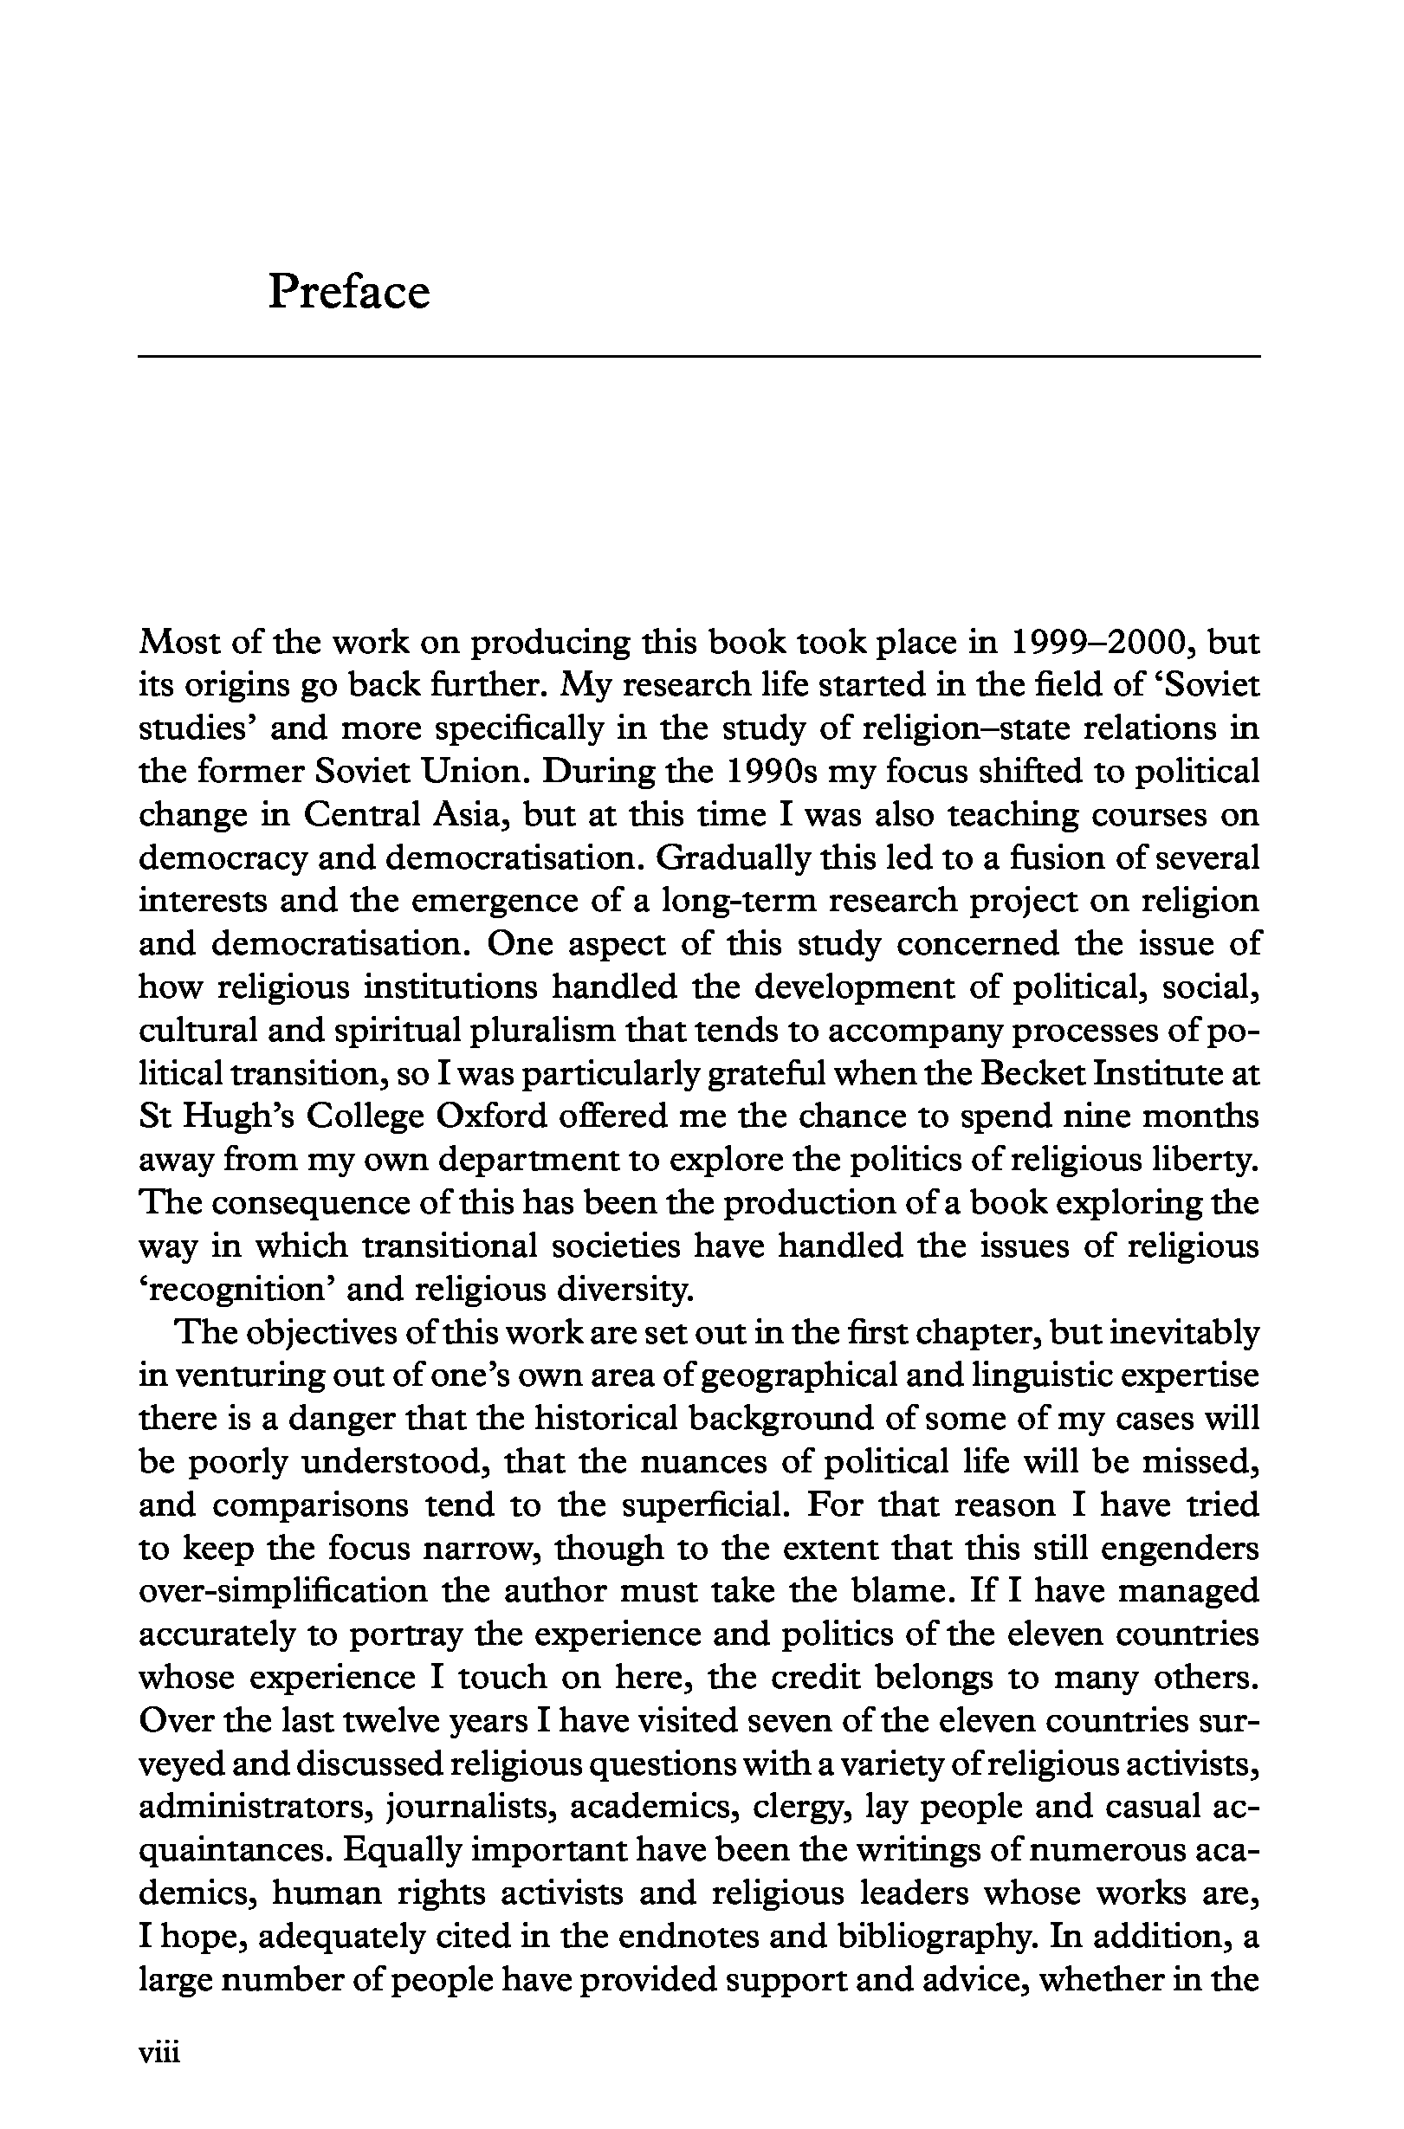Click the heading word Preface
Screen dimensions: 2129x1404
point(348,292)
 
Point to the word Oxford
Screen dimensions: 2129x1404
point(491,1116)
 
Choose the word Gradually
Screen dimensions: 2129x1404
point(734,857)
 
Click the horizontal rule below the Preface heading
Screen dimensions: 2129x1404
point(698,357)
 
